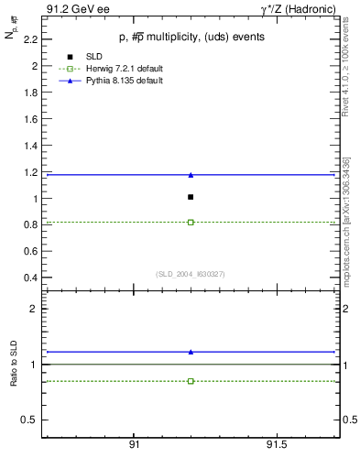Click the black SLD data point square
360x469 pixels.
(x=191, y=197)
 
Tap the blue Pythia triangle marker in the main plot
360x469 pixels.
(x=191, y=174)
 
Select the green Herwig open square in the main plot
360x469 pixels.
(x=191, y=222)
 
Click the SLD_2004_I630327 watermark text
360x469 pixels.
(x=191, y=274)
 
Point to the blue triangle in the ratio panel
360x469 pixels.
(x=191, y=352)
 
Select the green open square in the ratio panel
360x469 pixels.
(x=191, y=380)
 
